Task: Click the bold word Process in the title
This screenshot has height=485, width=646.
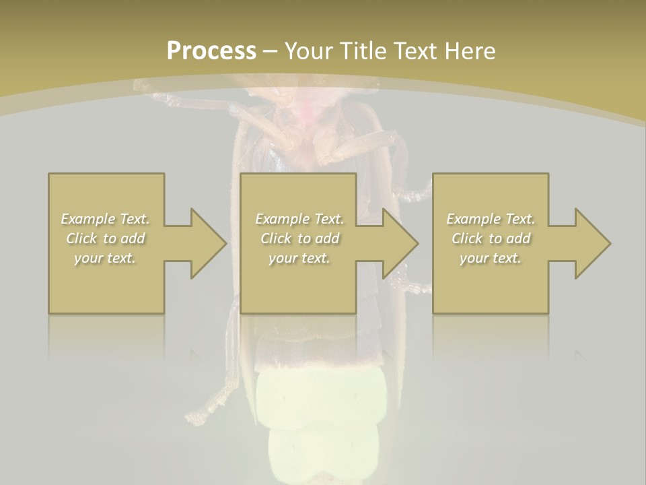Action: tap(211, 51)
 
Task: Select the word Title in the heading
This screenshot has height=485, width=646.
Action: tap(361, 51)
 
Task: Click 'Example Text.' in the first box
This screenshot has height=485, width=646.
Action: tap(106, 219)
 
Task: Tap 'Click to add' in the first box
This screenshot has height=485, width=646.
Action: tap(106, 238)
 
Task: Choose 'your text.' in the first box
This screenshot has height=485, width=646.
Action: tap(106, 258)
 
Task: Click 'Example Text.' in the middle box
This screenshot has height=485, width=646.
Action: tap(299, 219)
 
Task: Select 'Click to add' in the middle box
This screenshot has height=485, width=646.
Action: tap(299, 238)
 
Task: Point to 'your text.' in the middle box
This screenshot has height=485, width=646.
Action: tap(299, 258)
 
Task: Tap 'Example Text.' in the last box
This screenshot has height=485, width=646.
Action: tap(491, 219)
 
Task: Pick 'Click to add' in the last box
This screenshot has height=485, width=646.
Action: tap(491, 238)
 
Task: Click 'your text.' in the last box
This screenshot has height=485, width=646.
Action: tap(491, 258)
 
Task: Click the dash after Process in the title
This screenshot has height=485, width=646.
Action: tap(270, 51)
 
